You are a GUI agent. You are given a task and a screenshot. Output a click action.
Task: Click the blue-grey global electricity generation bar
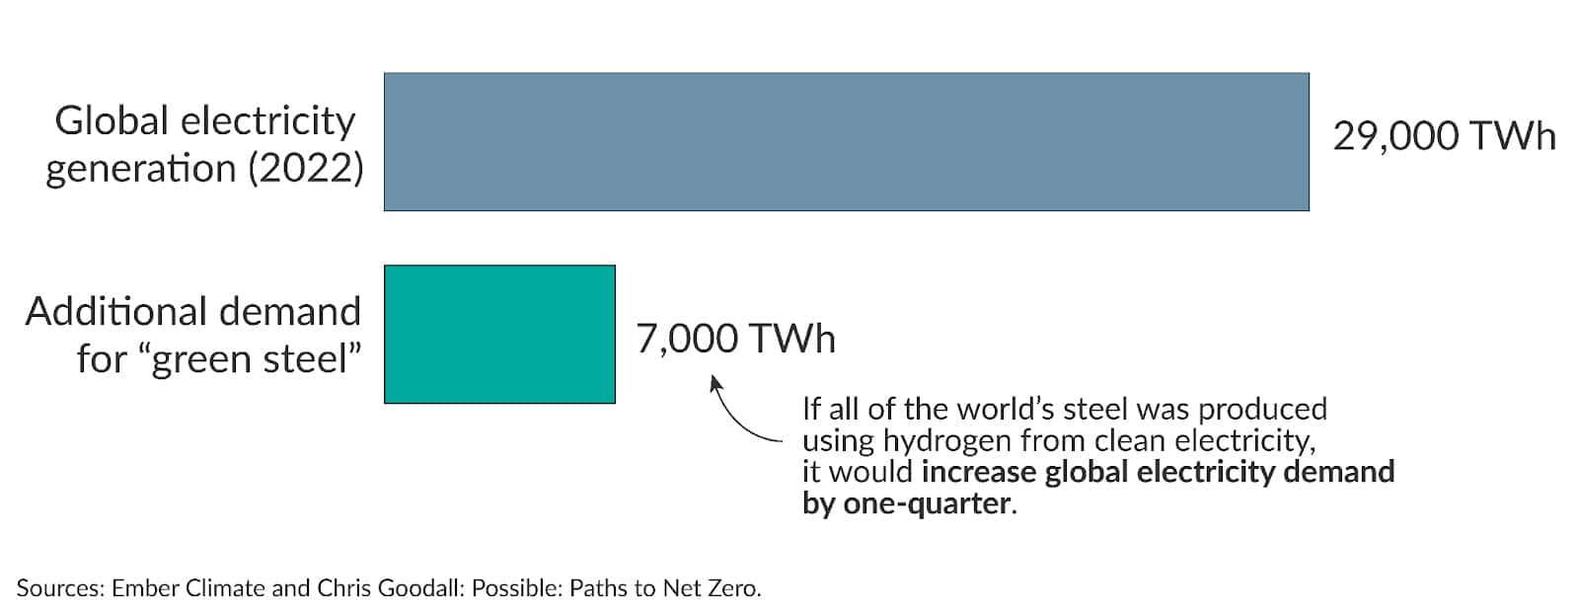(846, 141)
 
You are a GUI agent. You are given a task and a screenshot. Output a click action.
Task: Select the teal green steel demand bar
(499, 334)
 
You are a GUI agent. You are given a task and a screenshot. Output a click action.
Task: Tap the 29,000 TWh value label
(1444, 136)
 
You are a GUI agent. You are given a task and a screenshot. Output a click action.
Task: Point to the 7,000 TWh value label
(735, 339)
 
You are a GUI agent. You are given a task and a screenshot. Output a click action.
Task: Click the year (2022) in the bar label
(306, 169)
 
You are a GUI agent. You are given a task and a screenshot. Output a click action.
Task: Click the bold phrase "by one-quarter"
(908, 503)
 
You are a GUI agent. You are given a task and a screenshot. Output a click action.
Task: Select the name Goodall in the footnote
(419, 588)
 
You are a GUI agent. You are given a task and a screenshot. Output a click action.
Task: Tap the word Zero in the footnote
(731, 588)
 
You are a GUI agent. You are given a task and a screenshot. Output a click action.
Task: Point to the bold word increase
(978, 472)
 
